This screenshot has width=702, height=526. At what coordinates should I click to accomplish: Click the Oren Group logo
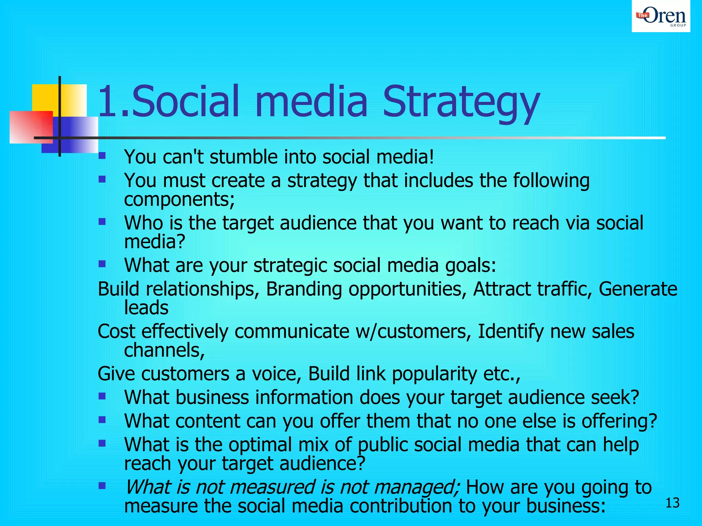click(x=661, y=16)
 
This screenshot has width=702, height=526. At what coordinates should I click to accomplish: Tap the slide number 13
click(x=672, y=503)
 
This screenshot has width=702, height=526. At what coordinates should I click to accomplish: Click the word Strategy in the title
click(x=461, y=102)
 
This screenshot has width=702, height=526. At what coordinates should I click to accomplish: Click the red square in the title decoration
click(x=31, y=127)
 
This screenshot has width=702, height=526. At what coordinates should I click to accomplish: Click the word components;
click(x=179, y=199)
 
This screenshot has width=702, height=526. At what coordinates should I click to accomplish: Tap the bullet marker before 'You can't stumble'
click(x=102, y=156)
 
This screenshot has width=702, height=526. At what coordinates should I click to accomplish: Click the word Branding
click(x=304, y=289)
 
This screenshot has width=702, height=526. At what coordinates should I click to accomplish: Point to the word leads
click(x=146, y=308)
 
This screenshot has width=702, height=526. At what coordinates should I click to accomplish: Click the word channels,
click(x=165, y=350)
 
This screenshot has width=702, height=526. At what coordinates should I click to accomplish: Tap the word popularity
click(x=434, y=374)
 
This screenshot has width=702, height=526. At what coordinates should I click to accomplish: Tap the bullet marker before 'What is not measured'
click(x=102, y=486)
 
